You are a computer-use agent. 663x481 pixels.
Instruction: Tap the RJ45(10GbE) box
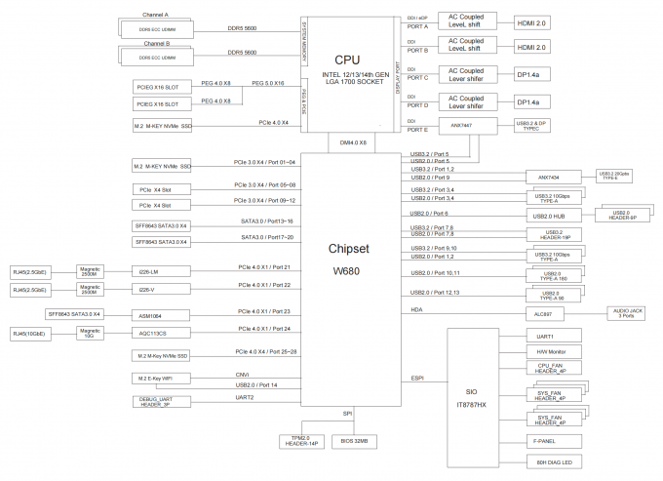click(33, 334)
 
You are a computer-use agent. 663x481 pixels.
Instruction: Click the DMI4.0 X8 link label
click(352, 143)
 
